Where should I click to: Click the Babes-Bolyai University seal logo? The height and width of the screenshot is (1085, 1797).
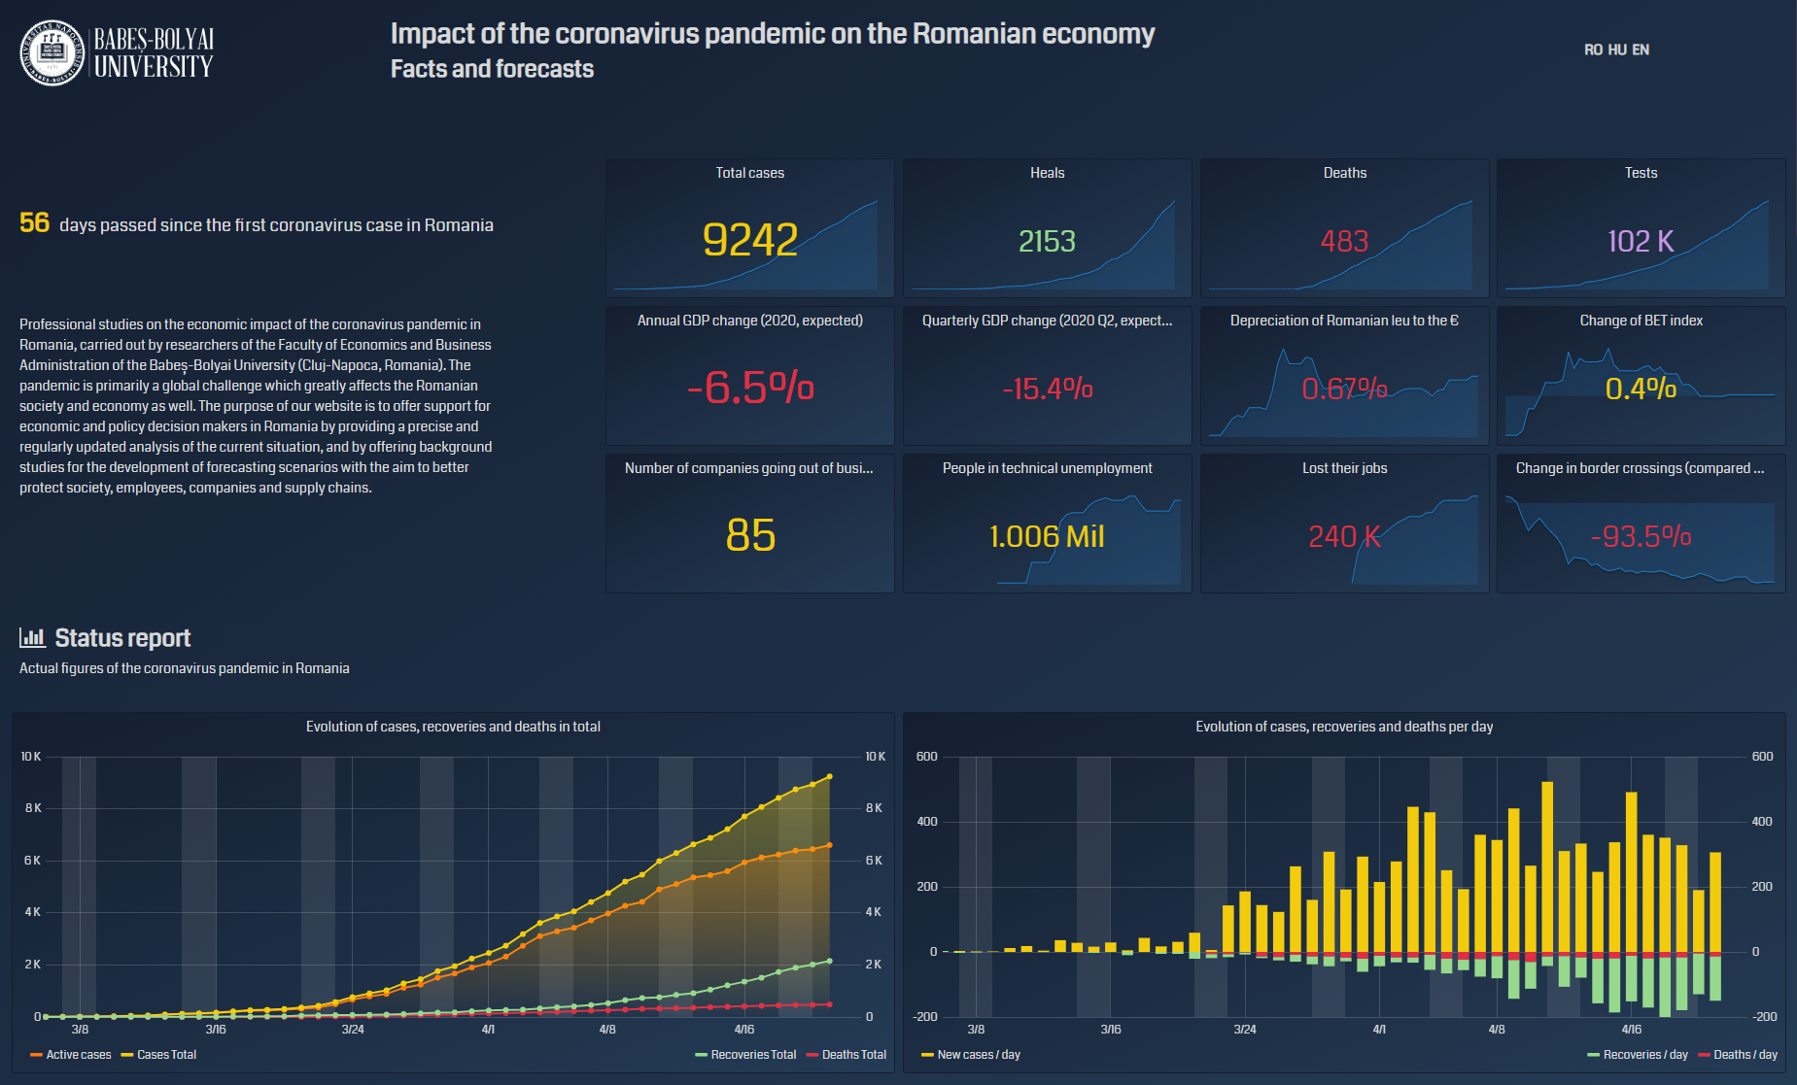(52, 52)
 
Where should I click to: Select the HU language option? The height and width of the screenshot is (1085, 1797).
(1617, 50)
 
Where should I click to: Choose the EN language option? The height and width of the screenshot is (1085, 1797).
(1641, 50)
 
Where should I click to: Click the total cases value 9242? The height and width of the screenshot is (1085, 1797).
(749, 240)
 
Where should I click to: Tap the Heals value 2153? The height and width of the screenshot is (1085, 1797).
(1047, 241)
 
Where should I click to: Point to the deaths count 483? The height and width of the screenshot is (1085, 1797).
(1344, 241)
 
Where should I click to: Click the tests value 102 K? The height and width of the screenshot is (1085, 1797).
(1641, 241)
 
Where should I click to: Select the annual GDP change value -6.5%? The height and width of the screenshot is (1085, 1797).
(749, 388)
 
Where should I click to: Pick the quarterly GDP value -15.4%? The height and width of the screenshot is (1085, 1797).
(1047, 389)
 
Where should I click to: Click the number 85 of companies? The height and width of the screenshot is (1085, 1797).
(750, 535)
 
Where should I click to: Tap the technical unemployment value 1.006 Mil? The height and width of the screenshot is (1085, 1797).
(1047, 536)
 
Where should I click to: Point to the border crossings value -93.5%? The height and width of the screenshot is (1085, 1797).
(1641, 536)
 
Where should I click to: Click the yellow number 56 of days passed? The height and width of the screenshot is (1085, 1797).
(34, 222)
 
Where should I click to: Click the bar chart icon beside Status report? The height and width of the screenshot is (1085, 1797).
(32, 637)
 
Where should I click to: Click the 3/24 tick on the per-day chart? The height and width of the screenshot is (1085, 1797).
(1245, 1030)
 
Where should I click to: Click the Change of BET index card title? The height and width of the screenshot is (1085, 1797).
(1641, 321)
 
